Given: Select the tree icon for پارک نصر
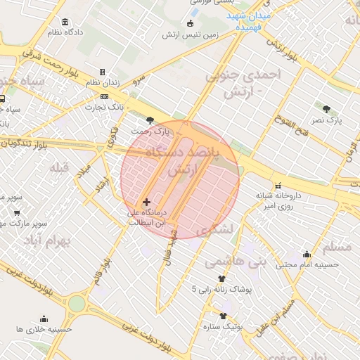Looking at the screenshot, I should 326,109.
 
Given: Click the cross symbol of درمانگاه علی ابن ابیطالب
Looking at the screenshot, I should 146,202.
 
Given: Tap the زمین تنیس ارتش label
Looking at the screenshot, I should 191,34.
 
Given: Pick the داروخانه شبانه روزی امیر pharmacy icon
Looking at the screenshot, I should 277,177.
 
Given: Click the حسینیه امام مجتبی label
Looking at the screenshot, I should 307,264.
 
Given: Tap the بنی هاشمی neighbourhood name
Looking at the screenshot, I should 236,262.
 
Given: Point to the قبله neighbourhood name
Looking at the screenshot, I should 57,167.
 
